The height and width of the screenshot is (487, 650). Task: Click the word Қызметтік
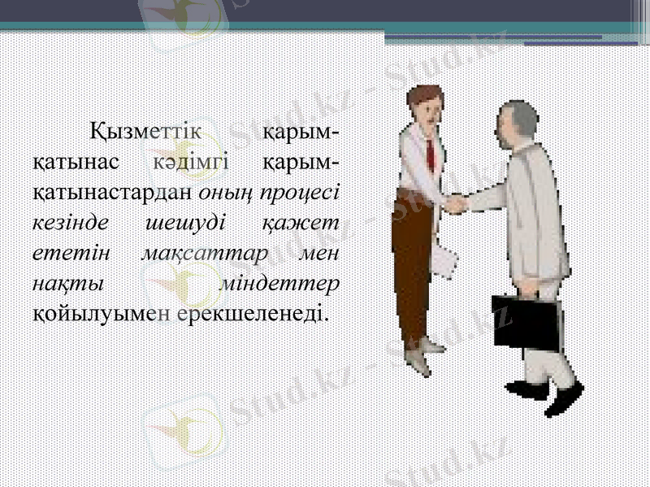(x=145, y=130)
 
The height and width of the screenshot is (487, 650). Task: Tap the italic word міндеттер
(x=280, y=283)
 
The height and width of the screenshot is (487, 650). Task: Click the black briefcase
(x=527, y=321)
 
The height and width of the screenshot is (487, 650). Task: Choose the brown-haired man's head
(x=423, y=103)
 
